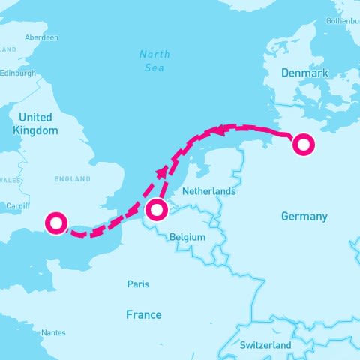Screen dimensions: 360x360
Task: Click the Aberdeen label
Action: [40, 37]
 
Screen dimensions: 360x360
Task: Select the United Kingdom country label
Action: [36, 124]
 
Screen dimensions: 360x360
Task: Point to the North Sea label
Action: [154, 60]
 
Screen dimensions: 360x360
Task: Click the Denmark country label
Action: [304, 73]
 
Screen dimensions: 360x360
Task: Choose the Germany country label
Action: [304, 217]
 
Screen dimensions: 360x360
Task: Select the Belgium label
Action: [187, 236]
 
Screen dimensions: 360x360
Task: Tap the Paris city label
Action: [138, 284]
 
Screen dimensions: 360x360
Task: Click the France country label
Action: [143, 314]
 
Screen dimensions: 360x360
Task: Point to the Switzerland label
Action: [265, 345]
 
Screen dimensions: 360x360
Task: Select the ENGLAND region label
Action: [72, 179]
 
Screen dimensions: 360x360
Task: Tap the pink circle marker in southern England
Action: [56, 223]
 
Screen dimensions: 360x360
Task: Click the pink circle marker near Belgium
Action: [156, 211]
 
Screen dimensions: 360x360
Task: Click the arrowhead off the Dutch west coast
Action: [162, 173]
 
